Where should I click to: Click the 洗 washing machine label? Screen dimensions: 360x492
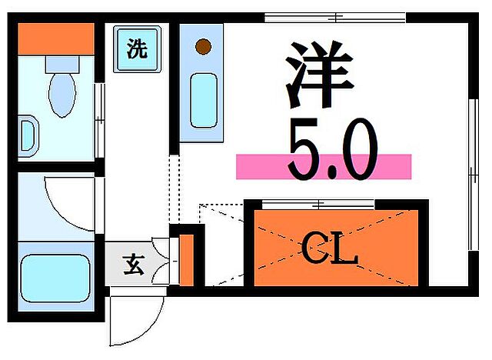[137, 50]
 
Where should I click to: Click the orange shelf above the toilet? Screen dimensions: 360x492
[55, 38]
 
